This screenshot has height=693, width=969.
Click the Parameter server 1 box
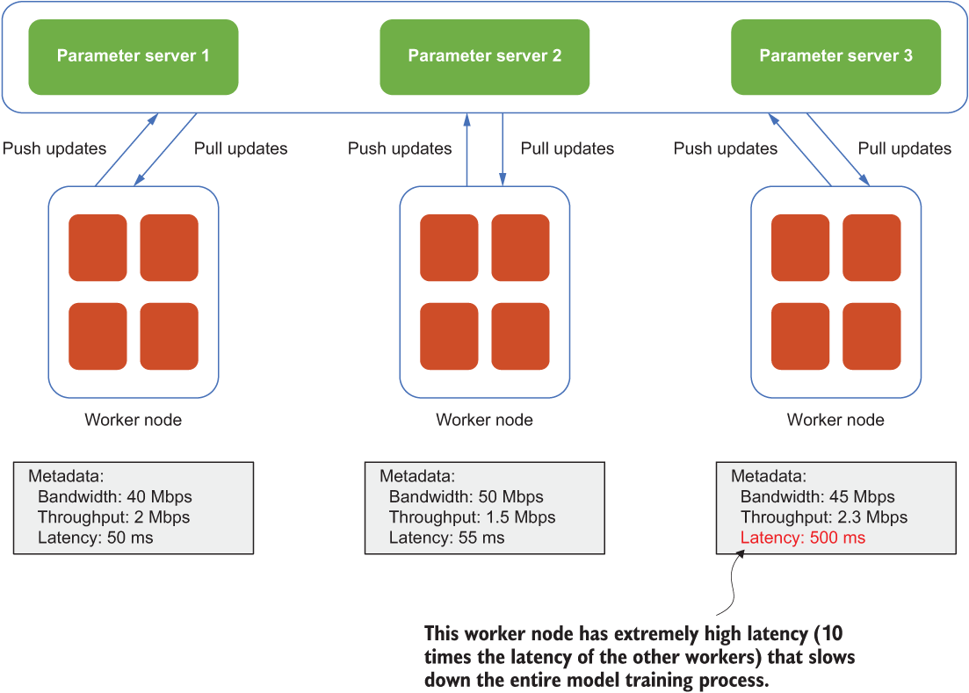click(x=134, y=57)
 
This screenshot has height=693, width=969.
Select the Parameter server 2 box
click(x=485, y=57)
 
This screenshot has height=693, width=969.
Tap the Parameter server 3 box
click(x=835, y=57)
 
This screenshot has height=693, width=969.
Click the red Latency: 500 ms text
click(x=803, y=538)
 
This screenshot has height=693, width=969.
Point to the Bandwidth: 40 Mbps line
click(x=115, y=496)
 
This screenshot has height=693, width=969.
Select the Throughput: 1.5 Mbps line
click(x=472, y=517)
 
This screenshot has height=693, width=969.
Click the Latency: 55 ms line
click(x=447, y=538)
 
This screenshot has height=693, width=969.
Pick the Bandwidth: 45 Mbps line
click(x=818, y=496)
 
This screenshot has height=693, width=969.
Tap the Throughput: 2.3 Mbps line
click(x=824, y=517)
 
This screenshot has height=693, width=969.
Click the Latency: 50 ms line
click(x=95, y=538)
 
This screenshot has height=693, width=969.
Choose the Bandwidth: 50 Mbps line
click(x=466, y=496)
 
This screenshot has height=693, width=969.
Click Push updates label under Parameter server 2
click(x=400, y=148)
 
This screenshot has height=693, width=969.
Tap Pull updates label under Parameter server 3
click(x=905, y=148)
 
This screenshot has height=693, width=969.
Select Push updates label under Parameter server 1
click(x=54, y=148)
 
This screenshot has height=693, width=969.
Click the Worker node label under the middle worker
click(x=485, y=420)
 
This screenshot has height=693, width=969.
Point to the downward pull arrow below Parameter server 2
click(x=503, y=149)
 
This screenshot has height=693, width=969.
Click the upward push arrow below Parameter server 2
click(x=467, y=149)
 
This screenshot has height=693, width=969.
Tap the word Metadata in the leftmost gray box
click(x=66, y=476)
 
